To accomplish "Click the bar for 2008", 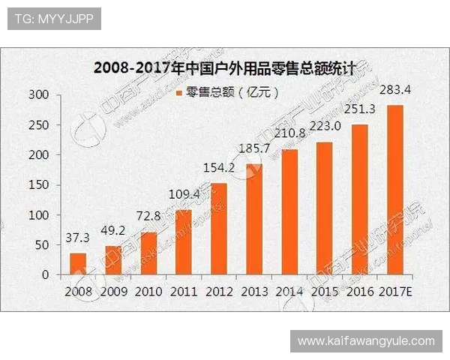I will (x=78, y=264).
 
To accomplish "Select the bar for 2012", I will (x=218, y=229).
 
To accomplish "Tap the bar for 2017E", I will (x=395, y=190).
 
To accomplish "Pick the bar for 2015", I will (x=325, y=208).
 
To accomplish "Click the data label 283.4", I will (x=395, y=91).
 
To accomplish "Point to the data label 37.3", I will (x=77, y=238).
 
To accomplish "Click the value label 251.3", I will (x=360, y=109).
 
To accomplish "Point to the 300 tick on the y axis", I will (x=39, y=95).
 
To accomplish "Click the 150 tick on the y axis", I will (x=39, y=185).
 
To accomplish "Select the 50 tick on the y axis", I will (x=43, y=245).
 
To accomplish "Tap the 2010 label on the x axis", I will (x=148, y=290).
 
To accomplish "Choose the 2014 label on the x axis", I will (x=289, y=290).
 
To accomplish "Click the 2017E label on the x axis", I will (x=396, y=290).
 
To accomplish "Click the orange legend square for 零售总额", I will (x=178, y=94).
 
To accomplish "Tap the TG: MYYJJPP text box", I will (x=53, y=18).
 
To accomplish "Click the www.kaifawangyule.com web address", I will (x=366, y=341).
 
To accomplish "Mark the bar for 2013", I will (x=254, y=219).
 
